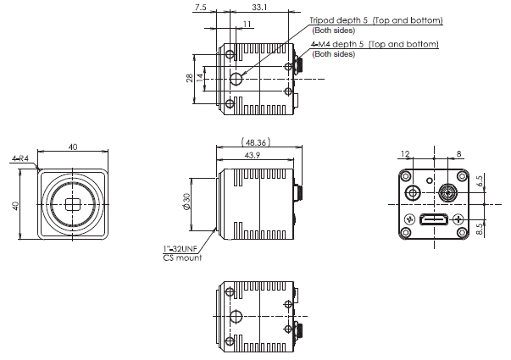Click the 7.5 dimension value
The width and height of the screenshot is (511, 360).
coord(200,7)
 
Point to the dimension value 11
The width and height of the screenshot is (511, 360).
coord(247,23)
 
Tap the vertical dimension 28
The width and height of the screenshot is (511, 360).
coord(190,78)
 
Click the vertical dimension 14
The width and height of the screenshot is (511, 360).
coord(200,78)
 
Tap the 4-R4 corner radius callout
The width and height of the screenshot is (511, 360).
coord(21,158)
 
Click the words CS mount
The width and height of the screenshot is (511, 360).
coord(182,258)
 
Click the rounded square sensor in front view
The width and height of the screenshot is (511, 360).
coord(71,203)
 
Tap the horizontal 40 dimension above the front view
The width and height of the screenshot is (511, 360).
coord(72,147)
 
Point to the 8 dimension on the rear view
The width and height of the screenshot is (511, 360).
coord(458,154)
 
